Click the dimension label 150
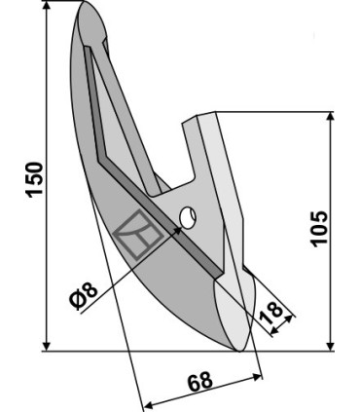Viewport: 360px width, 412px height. pyautogui.click(x=35, y=179)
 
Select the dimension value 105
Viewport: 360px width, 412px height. pyautogui.click(x=319, y=229)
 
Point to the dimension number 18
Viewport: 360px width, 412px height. pyautogui.click(x=271, y=313)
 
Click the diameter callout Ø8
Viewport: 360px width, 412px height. pyautogui.click(x=84, y=295)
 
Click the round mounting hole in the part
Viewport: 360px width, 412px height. pyautogui.click(x=188, y=218)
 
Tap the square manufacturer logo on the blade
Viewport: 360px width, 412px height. pyautogui.click(x=138, y=235)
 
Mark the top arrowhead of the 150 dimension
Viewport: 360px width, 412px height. pyautogui.click(x=47, y=6)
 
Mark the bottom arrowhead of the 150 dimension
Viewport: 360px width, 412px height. pyautogui.click(x=47, y=346)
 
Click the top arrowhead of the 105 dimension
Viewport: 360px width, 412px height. pyautogui.click(x=330, y=117)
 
